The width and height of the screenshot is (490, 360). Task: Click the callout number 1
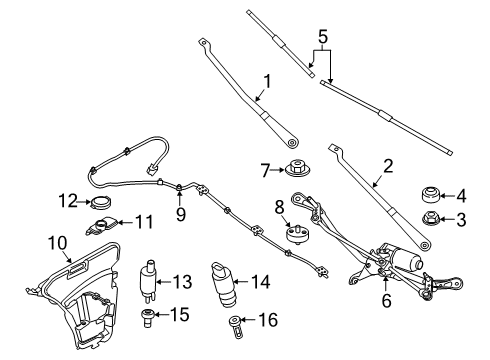coord(267,83)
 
